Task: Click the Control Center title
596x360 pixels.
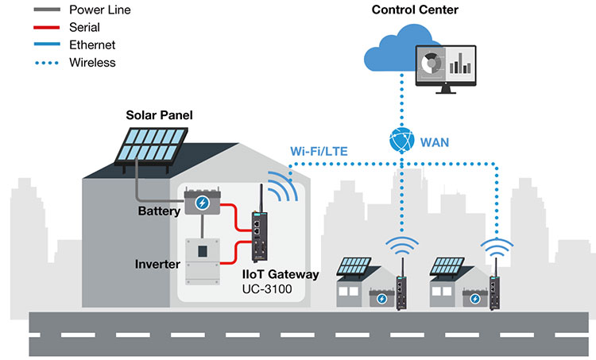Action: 415,10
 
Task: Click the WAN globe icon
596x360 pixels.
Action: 401,141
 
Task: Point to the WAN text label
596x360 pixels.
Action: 435,142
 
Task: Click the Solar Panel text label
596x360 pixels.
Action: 159,116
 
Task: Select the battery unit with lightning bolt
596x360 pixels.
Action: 206,203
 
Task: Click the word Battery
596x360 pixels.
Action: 159,211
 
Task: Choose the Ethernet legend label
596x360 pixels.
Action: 94,45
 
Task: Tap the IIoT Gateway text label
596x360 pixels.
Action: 281,274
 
